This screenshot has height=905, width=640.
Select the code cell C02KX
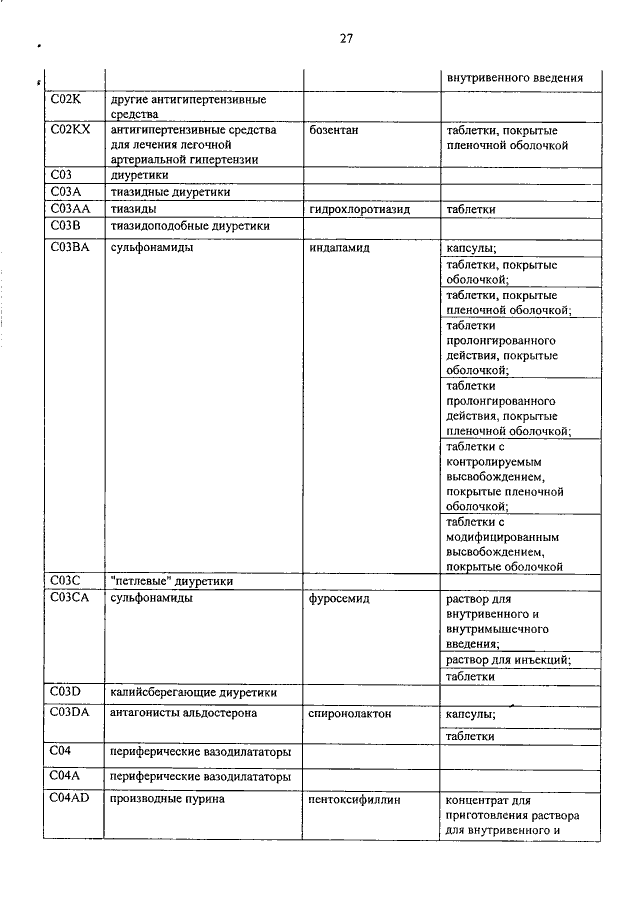(70, 130)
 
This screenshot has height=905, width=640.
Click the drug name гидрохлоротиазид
(361, 209)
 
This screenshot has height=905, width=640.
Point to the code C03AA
(72, 209)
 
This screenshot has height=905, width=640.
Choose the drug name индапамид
(340, 247)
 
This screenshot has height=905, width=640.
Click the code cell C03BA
(71, 247)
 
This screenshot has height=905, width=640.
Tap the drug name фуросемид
(340, 599)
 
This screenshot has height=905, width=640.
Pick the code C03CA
(72, 599)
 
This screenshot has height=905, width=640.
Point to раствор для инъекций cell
(508, 659)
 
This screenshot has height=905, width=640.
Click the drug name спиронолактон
(350, 714)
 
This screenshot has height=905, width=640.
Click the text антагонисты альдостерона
(183, 714)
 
